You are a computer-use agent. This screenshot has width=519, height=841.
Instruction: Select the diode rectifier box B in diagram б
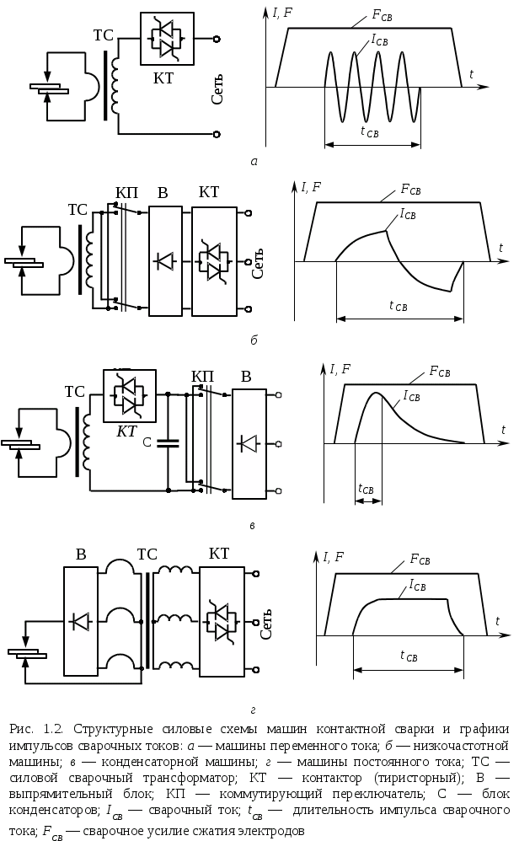tap(164, 260)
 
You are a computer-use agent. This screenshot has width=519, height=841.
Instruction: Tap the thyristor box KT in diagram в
tap(128, 395)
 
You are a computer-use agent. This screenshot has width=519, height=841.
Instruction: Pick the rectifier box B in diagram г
tap(81, 622)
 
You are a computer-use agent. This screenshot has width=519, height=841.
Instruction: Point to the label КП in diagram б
tap(126, 193)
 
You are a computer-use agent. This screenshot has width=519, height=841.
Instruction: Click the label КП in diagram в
tap(203, 375)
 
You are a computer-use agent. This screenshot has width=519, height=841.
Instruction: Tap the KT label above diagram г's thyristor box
tap(218, 554)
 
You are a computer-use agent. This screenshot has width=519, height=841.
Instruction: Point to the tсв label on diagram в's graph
tap(367, 488)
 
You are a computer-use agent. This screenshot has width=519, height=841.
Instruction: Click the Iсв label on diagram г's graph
tap(415, 583)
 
